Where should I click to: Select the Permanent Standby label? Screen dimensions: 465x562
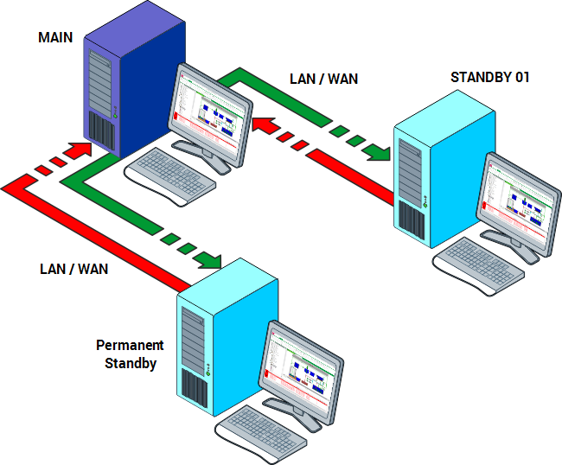pyautogui.click(x=130, y=354)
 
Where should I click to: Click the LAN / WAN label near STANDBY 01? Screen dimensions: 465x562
pyautogui.click(x=323, y=79)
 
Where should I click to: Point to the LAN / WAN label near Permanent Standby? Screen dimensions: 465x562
pyautogui.click(x=73, y=268)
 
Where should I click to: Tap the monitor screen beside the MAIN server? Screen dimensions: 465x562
pyautogui.click(x=210, y=108)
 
